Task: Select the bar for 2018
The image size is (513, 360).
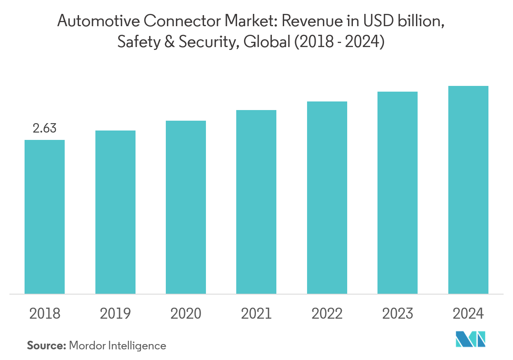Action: point(45,217)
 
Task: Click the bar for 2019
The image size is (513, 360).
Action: point(115,212)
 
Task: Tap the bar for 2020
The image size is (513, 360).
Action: point(186,207)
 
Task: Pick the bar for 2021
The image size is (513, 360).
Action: point(256,202)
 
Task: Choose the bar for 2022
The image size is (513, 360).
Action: point(327,198)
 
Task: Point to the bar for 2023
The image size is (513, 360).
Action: point(398,193)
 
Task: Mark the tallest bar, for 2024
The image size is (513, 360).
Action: point(468,190)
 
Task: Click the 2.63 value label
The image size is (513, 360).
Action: point(45,128)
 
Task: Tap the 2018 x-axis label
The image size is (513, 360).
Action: point(45,314)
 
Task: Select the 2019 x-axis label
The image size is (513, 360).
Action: point(115,314)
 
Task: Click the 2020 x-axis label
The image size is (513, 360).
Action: point(186,314)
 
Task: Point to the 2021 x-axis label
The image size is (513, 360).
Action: point(256,314)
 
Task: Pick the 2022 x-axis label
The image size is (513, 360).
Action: point(327,314)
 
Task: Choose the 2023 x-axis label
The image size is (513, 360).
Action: point(398,314)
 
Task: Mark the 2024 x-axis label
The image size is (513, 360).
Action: point(468,314)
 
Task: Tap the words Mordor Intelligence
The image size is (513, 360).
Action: point(118,346)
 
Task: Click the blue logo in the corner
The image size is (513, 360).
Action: point(471,338)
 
